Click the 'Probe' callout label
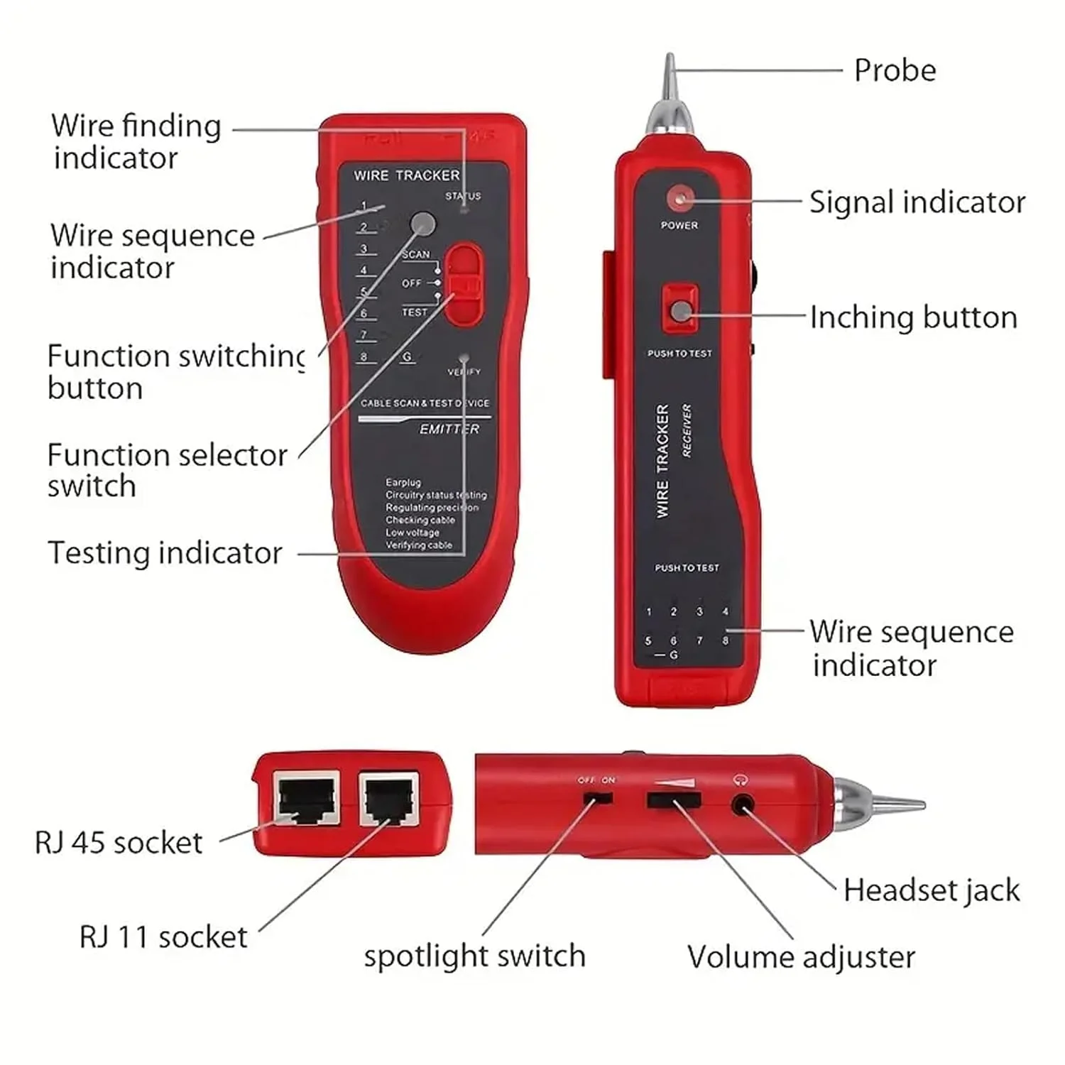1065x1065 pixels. [895, 70]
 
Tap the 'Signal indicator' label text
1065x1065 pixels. [917, 202]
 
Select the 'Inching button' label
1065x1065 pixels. [913, 317]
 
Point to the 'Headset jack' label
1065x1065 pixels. [931, 890]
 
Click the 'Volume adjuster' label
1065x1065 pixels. [801, 957]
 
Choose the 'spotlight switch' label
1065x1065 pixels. [474, 956]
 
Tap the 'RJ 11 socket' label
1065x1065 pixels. [163, 937]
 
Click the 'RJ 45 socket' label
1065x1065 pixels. [119, 843]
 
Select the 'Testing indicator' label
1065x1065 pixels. [165, 553]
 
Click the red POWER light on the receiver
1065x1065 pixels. [679, 199]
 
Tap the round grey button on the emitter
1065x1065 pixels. [423, 224]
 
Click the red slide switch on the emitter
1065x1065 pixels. [464, 284]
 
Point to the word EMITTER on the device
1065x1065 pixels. [449, 430]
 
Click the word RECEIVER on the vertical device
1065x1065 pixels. [687, 430]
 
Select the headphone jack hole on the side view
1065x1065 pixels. [743, 806]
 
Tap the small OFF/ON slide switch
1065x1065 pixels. [597, 798]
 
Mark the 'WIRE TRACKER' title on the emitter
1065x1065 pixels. [406, 175]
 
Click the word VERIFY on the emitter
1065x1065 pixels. [464, 372]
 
